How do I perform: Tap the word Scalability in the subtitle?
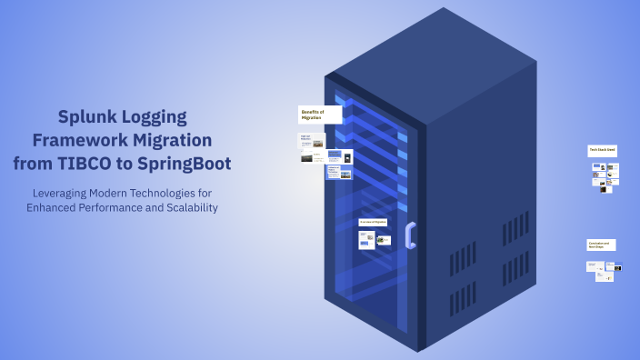187,207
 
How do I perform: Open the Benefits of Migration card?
320,115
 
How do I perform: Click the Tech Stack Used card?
602,150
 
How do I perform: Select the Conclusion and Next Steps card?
601,245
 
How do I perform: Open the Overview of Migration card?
373,222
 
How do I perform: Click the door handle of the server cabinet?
410,235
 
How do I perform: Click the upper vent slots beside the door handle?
461,257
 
